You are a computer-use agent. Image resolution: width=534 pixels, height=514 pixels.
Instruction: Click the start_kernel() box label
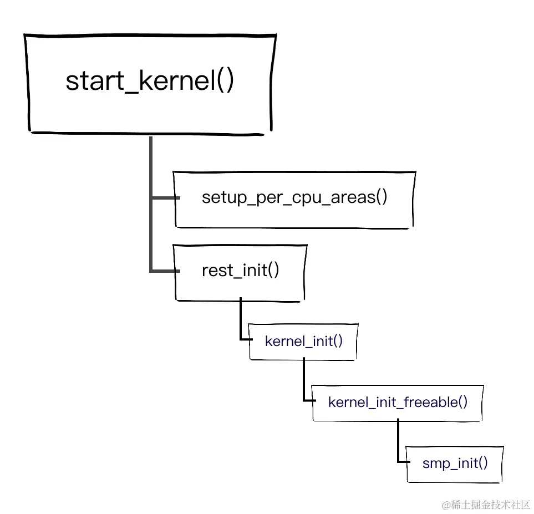tap(150, 81)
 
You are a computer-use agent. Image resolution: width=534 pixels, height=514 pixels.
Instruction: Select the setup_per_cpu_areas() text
tap(294, 197)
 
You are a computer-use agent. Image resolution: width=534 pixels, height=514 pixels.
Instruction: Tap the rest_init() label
tap(240, 271)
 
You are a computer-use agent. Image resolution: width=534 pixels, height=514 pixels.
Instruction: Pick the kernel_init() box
tap(303, 341)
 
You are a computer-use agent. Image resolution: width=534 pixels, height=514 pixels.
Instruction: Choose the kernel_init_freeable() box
tap(398, 402)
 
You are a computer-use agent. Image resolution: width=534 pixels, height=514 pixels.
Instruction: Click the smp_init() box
tap(455, 463)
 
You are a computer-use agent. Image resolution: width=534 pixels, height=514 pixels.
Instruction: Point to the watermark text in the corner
tap(486, 504)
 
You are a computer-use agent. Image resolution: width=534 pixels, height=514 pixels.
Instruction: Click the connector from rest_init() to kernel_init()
tap(241, 322)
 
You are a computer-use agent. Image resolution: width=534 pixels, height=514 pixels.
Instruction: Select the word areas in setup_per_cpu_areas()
tap(353, 197)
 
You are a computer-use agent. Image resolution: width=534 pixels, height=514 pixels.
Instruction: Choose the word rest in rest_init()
tap(215, 271)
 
